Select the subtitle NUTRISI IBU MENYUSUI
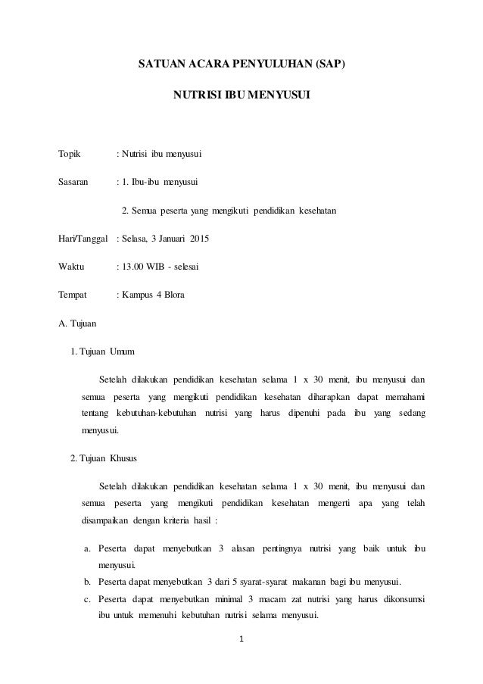[x=241, y=96]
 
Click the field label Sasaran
[x=73, y=182]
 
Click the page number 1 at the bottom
[x=241, y=639]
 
